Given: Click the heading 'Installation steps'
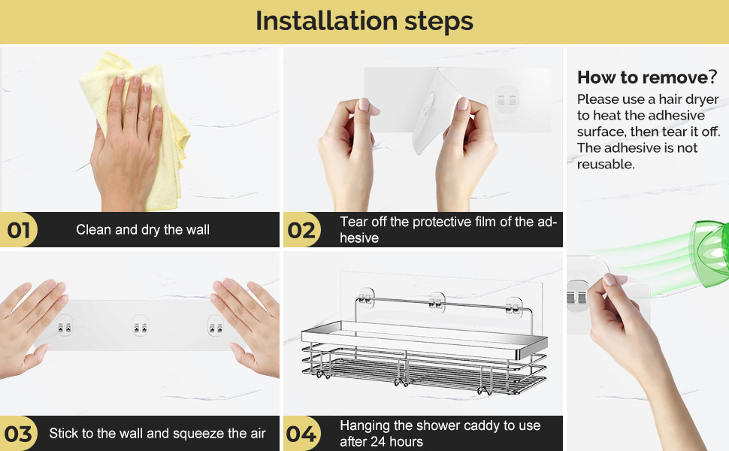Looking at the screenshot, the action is tap(364, 21).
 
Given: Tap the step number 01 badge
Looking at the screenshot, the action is tap(19, 230).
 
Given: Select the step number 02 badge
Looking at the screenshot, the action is tap(302, 230).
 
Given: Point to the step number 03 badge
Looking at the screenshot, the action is tap(19, 433).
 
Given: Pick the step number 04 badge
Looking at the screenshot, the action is tap(302, 433).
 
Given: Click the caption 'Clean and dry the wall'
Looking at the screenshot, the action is tap(143, 230).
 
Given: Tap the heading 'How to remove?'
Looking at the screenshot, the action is tap(647, 77).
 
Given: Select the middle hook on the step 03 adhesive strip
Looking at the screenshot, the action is tap(140, 325).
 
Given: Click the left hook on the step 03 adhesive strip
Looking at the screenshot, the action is tap(64, 325).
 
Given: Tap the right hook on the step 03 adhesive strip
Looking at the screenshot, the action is tap(216, 325).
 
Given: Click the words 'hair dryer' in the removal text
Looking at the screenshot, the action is tap(689, 99).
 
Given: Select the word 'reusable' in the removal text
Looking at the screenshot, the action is tap(605, 164).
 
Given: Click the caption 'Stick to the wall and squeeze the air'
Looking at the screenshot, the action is tap(157, 433).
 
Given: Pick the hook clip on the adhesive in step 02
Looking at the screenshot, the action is tap(507, 99).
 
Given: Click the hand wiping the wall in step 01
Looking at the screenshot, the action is tap(126, 144).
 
